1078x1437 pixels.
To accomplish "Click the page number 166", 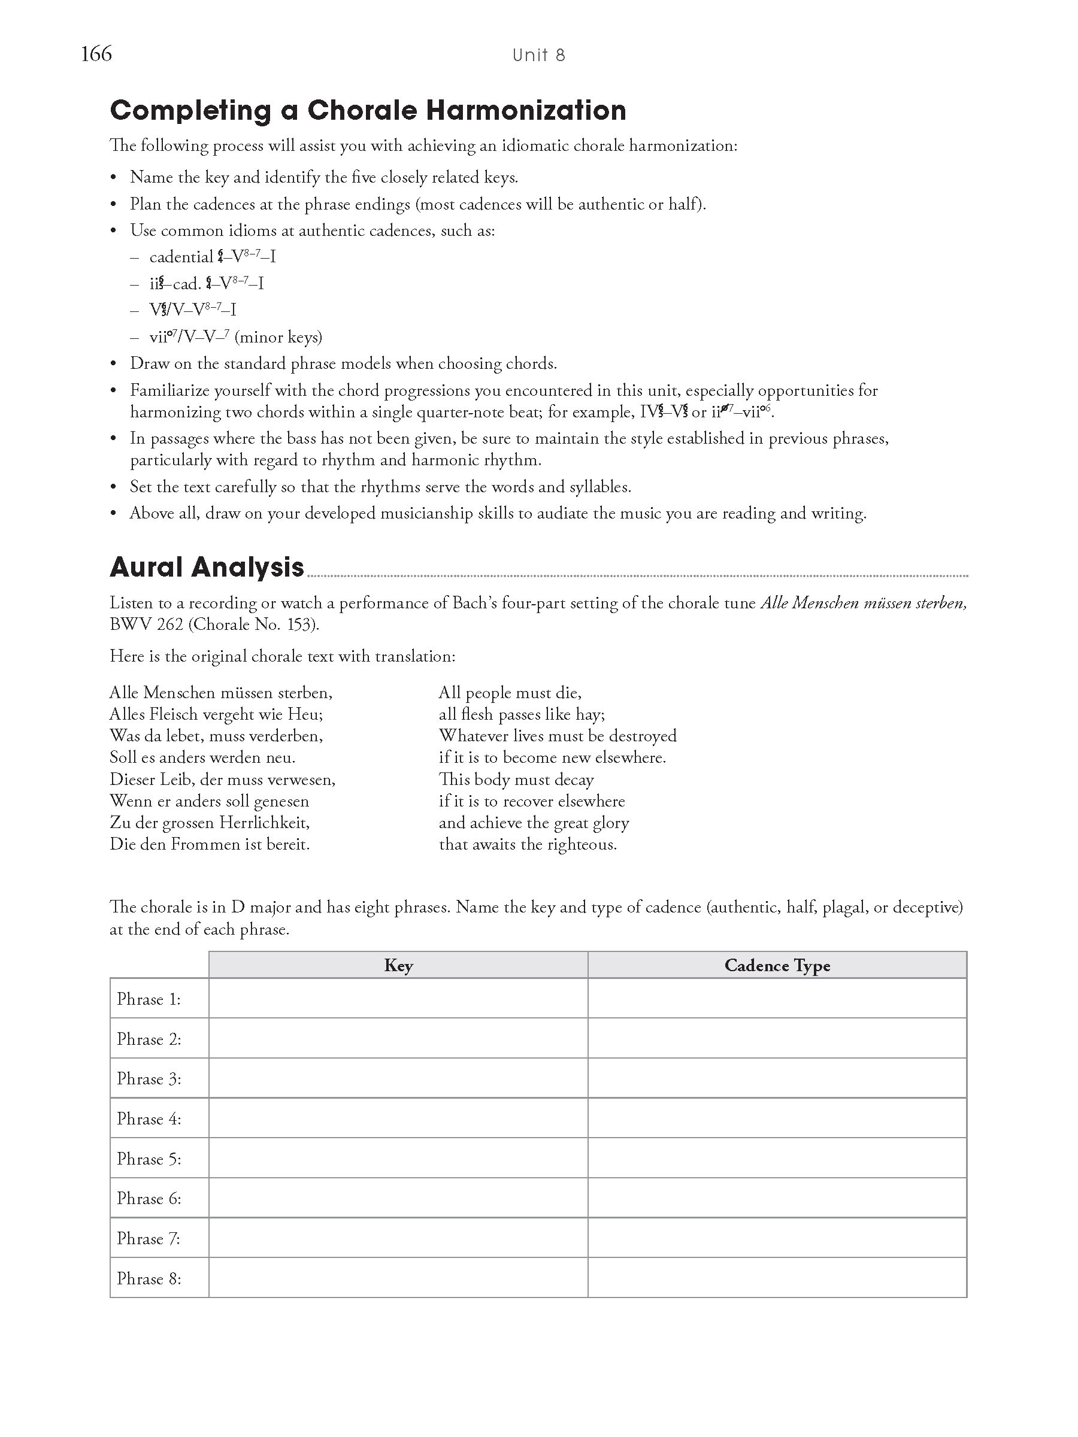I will [x=96, y=53].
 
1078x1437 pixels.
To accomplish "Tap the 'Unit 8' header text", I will [x=538, y=55].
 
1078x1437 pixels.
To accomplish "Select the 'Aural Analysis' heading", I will [x=207, y=567].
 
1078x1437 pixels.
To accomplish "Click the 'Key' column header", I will [x=398, y=965].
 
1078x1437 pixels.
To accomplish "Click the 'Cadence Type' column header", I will [x=777, y=965].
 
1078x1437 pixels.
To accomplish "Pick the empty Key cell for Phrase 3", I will [x=398, y=1078].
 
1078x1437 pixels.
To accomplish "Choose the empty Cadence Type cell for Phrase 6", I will [x=777, y=1198].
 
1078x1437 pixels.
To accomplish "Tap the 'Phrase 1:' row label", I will [x=149, y=999].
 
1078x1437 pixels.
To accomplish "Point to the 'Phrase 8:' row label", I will [x=149, y=1278].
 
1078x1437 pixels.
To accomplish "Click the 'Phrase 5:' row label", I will [x=149, y=1159].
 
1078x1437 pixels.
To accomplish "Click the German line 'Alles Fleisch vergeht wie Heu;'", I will [x=216, y=714].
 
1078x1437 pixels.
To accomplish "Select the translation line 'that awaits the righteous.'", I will [x=528, y=844].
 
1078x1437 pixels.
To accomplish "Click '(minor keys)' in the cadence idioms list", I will [x=278, y=337].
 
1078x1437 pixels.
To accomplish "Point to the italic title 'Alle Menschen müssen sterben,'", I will [x=863, y=603].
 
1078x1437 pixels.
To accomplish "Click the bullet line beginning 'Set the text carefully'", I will [x=380, y=487].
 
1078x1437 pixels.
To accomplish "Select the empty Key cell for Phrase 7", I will [x=398, y=1238].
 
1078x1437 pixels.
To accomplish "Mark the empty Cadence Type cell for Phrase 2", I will [x=777, y=1038].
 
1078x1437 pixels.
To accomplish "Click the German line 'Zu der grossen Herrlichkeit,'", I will [x=209, y=823].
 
